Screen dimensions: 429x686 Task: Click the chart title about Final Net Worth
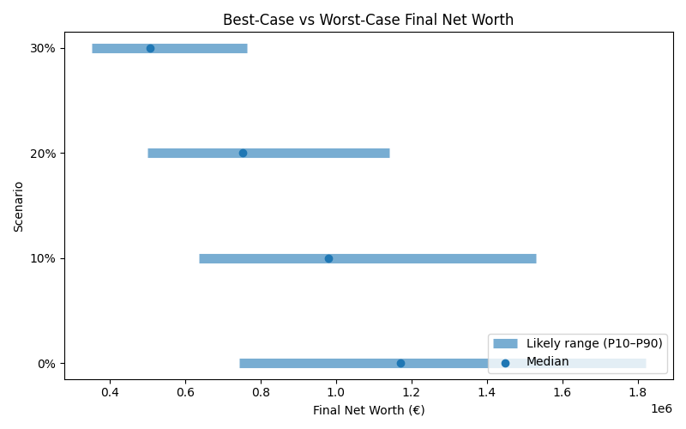click(x=368, y=20)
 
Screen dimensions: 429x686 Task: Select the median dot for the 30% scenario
click(x=150, y=48)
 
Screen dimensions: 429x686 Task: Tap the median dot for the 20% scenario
click(x=243, y=153)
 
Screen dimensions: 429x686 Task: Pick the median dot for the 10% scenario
click(x=328, y=258)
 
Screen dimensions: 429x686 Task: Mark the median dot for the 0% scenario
click(x=400, y=363)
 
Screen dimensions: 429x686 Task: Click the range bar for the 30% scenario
click(x=197, y=48)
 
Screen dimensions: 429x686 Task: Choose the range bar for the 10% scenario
click(x=429, y=258)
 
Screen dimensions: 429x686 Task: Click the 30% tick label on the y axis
click(x=43, y=48)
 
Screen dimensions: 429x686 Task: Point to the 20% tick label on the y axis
click(x=43, y=153)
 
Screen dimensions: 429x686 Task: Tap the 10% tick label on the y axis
click(x=43, y=258)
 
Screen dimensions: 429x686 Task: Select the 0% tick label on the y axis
click(x=46, y=363)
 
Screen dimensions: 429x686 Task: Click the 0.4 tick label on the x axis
click(x=110, y=392)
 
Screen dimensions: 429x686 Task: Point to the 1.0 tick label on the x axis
click(x=336, y=392)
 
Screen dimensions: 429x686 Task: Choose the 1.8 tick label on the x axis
click(x=638, y=392)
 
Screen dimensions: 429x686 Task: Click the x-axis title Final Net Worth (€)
click(x=368, y=410)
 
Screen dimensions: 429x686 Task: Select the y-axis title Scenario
click(x=19, y=206)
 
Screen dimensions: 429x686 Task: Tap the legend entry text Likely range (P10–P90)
click(x=594, y=343)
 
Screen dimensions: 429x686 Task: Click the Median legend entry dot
click(x=505, y=363)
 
